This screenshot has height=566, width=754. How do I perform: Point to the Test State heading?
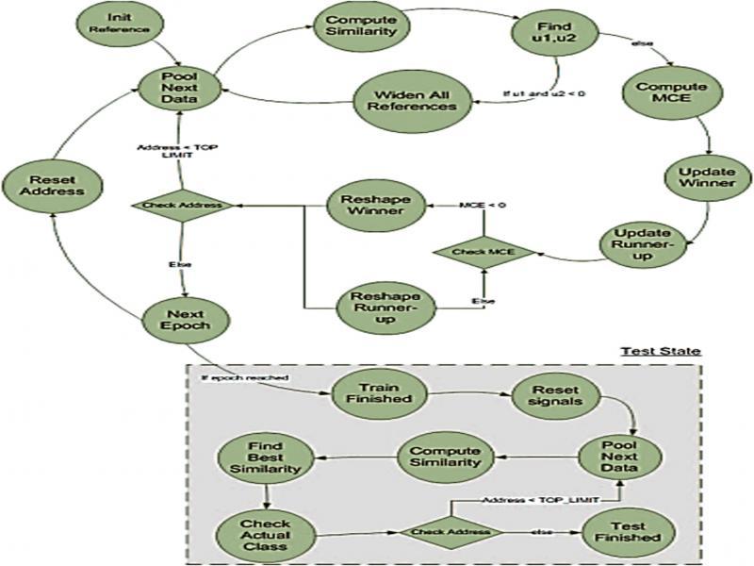[660, 351]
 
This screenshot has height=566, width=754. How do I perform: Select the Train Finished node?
[374, 392]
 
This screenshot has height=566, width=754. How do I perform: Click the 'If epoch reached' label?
[243, 377]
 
